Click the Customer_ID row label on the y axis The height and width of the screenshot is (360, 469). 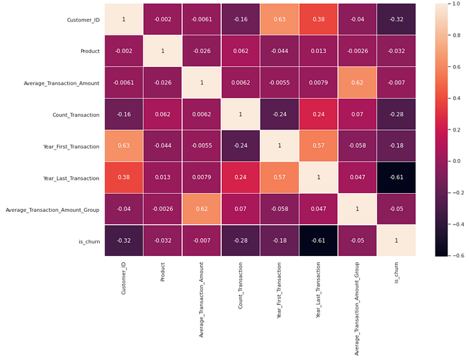click(83, 20)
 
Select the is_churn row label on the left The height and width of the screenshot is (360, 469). click(89, 241)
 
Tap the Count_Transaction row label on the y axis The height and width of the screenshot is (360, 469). click(76, 115)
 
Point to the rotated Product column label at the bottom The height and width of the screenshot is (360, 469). click(163, 272)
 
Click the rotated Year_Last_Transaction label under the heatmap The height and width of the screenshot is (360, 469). click(318, 290)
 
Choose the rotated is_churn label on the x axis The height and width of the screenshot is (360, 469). click(397, 273)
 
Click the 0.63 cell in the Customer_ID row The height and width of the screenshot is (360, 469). click(279, 19)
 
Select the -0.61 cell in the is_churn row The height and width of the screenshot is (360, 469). click(318, 241)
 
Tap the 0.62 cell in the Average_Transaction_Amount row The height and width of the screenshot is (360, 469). click(357, 82)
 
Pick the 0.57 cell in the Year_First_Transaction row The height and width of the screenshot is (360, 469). click(318, 145)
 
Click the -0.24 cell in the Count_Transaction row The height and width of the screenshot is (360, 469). click(279, 115)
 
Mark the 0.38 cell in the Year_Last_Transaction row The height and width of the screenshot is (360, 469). click(124, 178)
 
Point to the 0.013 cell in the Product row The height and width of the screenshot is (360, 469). click(318, 51)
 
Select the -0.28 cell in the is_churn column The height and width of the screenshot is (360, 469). click(397, 115)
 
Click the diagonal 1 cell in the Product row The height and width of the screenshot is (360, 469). click(163, 51)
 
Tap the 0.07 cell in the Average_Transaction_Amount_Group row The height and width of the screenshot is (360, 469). click(241, 209)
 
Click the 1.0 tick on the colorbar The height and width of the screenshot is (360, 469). click(450, 3)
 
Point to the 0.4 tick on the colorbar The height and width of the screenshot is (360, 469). click(450, 98)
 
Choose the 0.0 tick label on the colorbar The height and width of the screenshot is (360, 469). click(456, 161)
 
